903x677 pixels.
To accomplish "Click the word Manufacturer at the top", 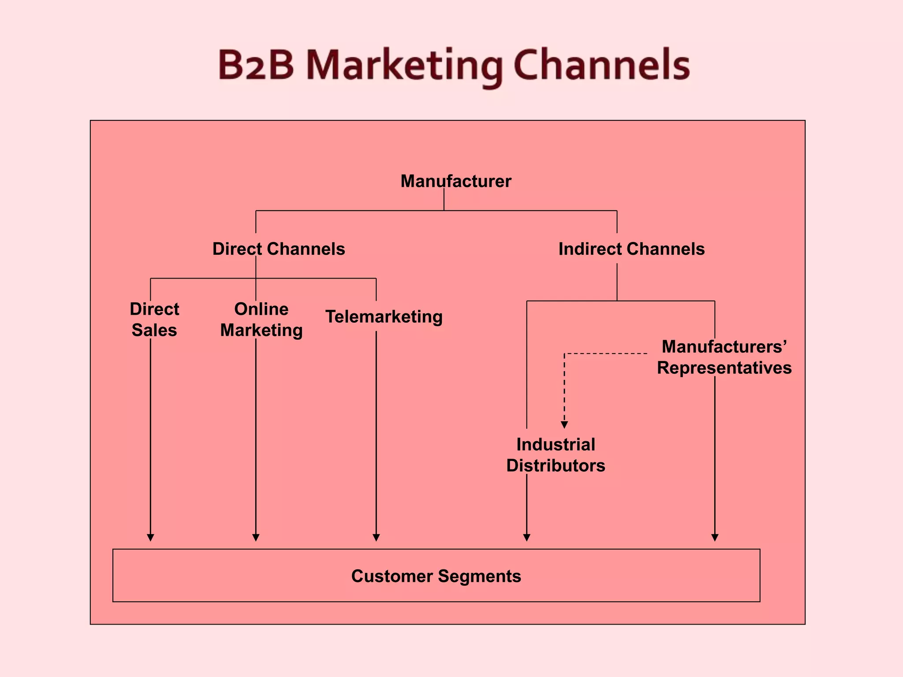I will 455,181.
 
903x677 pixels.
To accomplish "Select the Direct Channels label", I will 278,249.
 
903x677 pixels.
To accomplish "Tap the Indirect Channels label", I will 631,249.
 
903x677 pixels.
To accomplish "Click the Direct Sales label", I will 154,320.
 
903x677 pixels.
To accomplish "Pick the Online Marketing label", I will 261,320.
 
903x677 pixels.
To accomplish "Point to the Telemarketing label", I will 384,316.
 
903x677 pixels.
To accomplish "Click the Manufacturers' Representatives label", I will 724,357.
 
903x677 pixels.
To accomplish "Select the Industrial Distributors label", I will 556,455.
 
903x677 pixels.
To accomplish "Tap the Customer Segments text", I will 436,576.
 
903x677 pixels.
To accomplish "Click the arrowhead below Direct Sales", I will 150,537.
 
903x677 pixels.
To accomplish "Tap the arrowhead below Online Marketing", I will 256,537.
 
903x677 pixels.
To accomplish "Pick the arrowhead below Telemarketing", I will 376,537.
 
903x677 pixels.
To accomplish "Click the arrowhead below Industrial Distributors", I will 526,537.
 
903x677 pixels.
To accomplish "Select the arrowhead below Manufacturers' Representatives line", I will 715,537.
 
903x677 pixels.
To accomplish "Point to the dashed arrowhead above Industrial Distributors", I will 564,424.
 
